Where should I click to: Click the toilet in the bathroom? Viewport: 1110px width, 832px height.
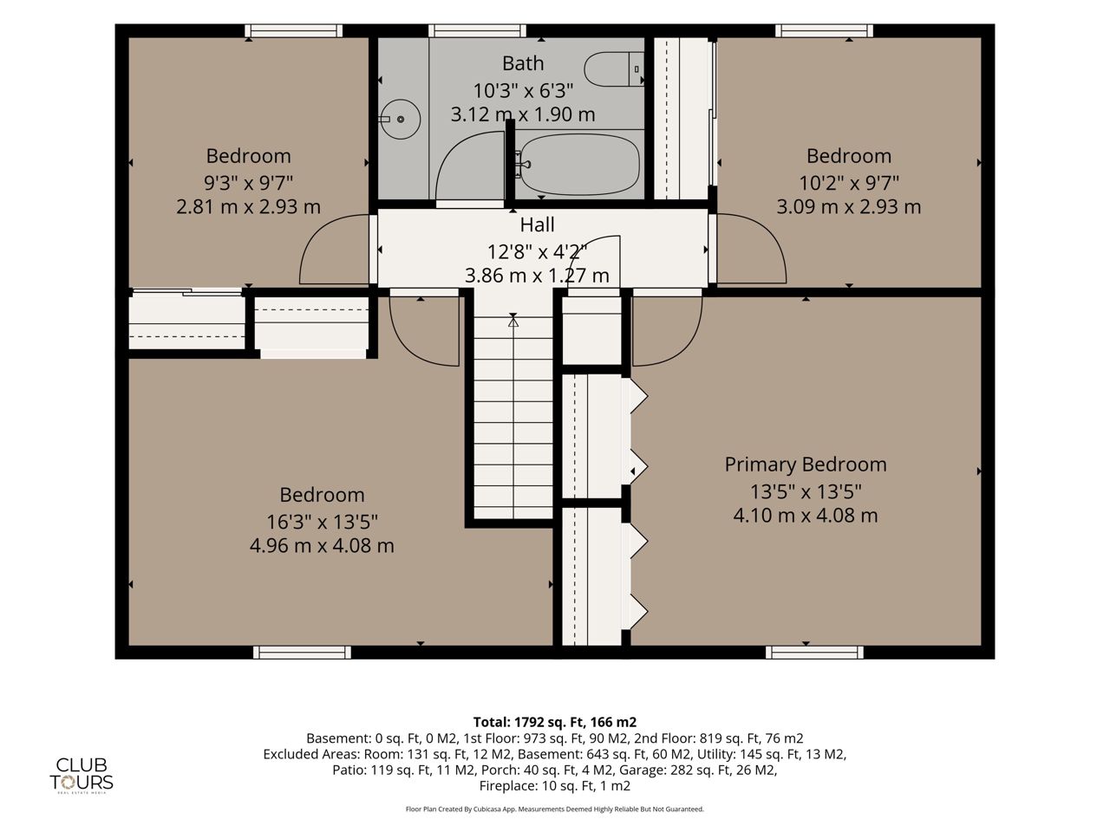pyautogui.click(x=613, y=68)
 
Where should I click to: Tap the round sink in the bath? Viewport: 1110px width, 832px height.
pyautogui.click(x=400, y=120)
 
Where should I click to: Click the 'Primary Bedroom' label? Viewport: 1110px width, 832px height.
pyautogui.click(x=805, y=465)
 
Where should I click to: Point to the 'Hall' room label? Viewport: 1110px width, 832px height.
pyautogui.click(x=537, y=224)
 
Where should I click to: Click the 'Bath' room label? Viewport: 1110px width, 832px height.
pyautogui.click(x=523, y=63)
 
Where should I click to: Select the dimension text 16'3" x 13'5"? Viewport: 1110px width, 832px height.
pyautogui.click(x=322, y=522)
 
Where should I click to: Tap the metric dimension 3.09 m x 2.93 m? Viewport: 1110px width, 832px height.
pyautogui.click(x=849, y=206)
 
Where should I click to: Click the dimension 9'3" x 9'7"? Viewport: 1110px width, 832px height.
pyautogui.click(x=248, y=182)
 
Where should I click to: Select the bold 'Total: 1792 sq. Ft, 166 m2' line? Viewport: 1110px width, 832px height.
pyautogui.click(x=555, y=722)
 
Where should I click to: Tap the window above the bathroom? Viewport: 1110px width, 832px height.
pyautogui.click(x=477, y=31)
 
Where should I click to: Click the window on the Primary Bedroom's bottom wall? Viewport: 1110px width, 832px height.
pyautogui.click(x=814, y=652)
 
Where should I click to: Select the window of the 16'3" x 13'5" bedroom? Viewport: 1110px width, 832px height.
pyautogui.click(x=302, y=652)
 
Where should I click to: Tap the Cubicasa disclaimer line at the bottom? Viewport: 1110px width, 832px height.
pyautogui.click(x=555, y=809)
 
